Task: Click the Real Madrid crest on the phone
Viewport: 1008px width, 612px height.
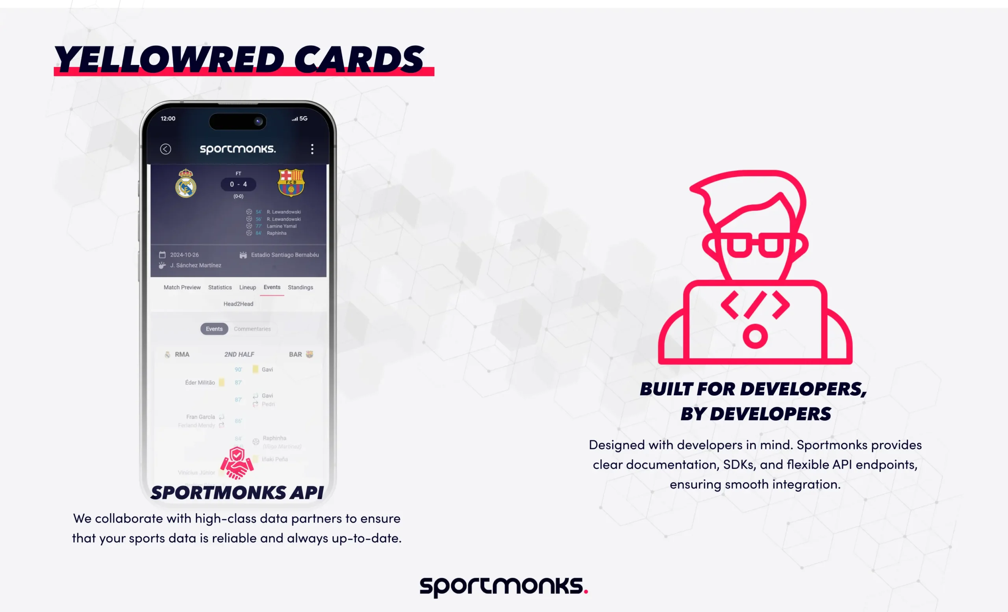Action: point(186,183)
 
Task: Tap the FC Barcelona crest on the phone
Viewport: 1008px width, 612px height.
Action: point(291,182)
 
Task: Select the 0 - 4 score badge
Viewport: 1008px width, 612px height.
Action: point(239,184)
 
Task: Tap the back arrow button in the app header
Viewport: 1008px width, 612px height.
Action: point(166,149)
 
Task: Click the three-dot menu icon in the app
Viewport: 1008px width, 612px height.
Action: point(312,149)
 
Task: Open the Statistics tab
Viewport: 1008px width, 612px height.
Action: point(220,287)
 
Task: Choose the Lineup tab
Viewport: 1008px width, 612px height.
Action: point(248,287)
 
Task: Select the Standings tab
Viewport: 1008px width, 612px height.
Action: point(300,287)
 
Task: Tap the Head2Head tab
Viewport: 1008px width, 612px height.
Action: point(238,304)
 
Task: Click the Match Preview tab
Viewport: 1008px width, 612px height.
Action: point(182,287)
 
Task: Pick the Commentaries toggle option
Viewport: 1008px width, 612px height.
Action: point(252,329)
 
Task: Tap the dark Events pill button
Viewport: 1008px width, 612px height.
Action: point(214,329)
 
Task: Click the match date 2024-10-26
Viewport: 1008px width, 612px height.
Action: point(184,255)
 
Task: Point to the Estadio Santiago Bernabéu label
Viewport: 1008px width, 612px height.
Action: point(285,255)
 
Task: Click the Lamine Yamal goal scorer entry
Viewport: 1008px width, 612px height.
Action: point(282,226)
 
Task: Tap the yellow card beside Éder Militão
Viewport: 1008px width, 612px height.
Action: point(221,382)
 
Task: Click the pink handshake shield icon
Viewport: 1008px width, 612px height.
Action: point(237,463)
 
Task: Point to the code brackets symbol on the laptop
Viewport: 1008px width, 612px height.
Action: point(755,305)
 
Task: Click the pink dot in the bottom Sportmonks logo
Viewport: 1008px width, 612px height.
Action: point(586,591)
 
